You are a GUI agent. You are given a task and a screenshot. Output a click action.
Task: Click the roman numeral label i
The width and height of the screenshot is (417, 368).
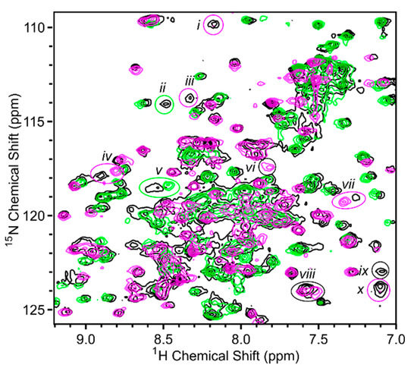(x=198, y=26)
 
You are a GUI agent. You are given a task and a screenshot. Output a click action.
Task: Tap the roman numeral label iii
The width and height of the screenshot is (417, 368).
(x=190, y=80)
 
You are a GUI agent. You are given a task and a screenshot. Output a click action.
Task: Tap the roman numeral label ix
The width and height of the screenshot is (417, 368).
(x=364, y=270)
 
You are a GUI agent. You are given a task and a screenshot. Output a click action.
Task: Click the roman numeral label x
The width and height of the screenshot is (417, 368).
(x=361, y=289)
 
